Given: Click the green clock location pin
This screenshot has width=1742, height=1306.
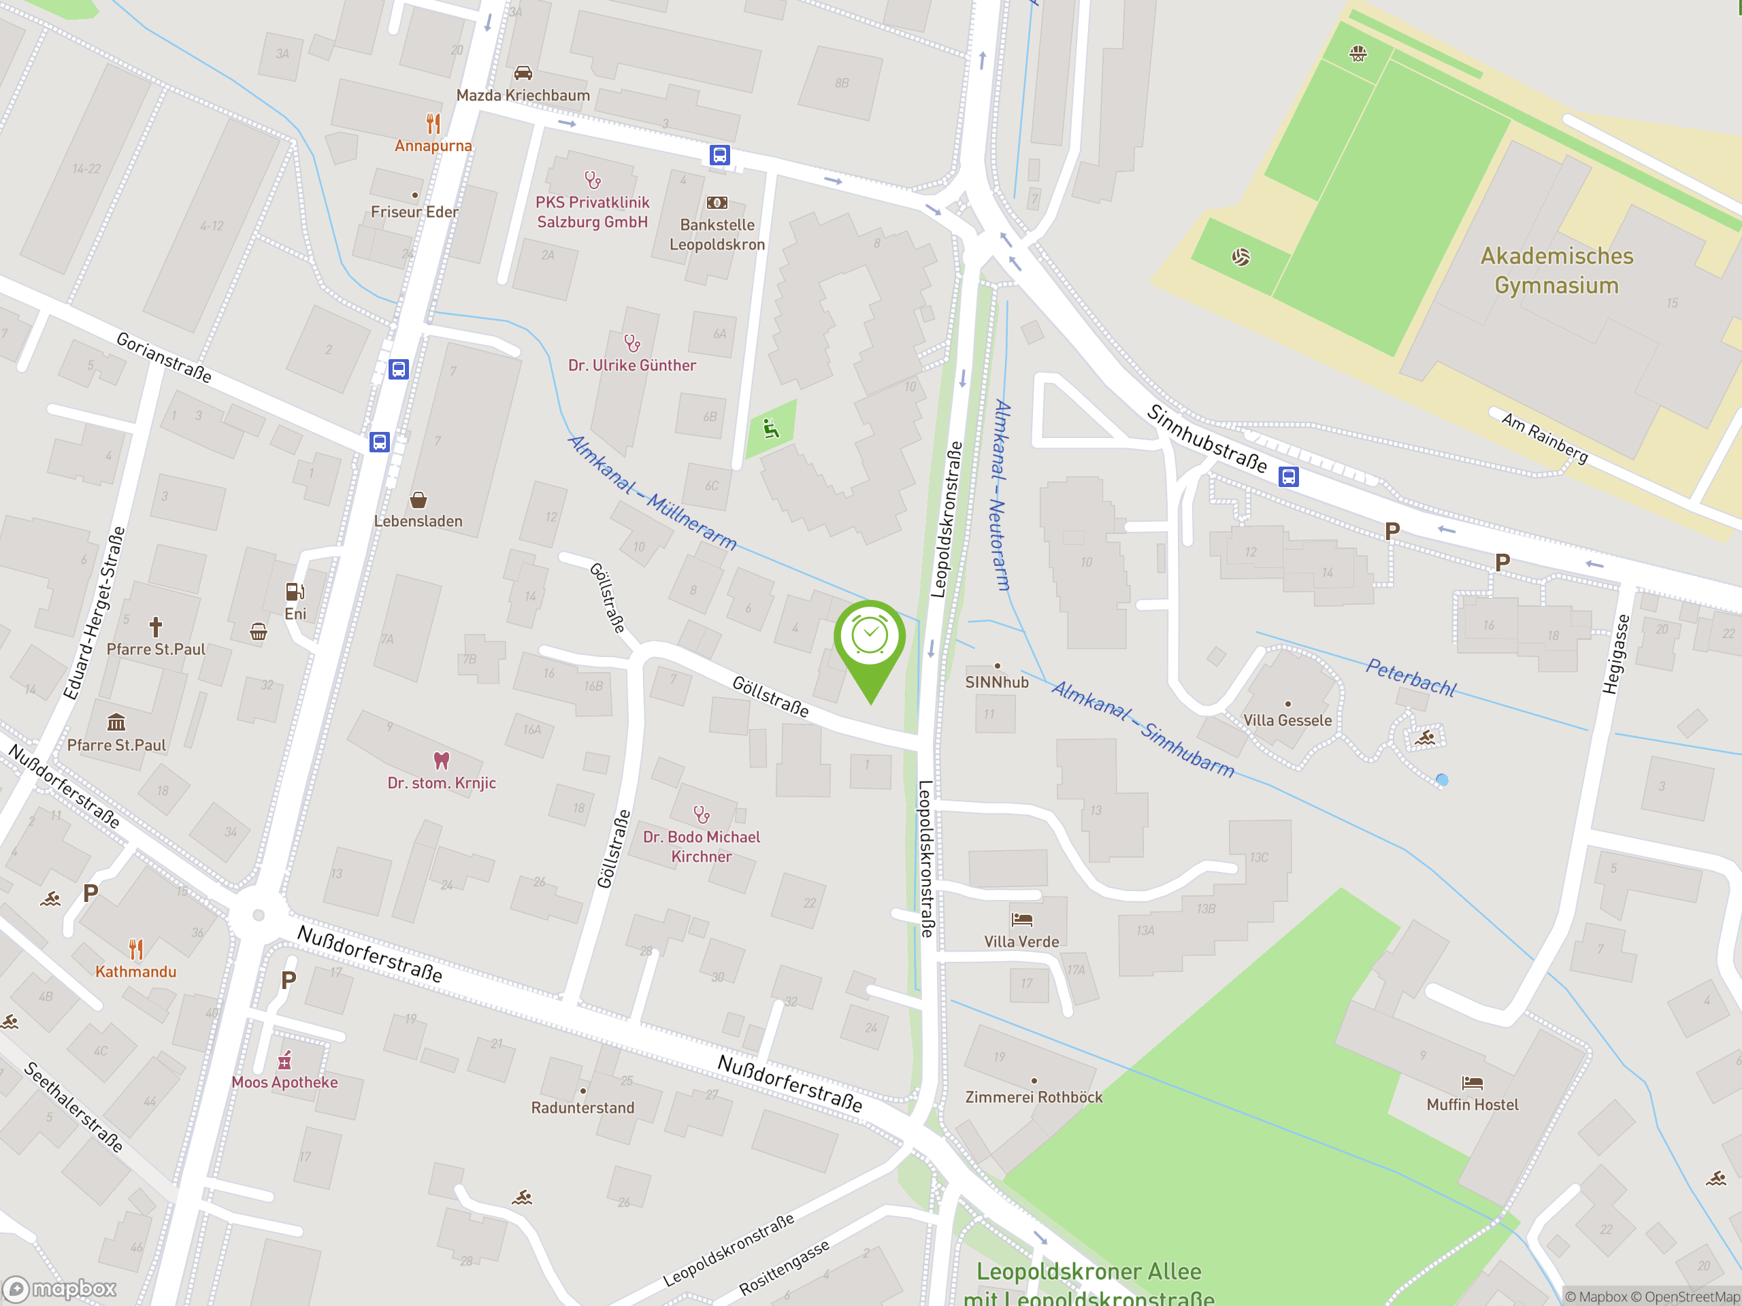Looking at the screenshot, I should [x=870, y=637].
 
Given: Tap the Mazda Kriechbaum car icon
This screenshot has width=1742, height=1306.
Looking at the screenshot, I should [x=523, y=73].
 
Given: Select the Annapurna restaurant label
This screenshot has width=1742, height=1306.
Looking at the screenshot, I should [x=433, y=146].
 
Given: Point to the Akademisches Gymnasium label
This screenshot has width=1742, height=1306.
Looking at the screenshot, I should [x=1556, y=271].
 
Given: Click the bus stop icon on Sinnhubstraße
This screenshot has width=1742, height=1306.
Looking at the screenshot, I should [x=1288, y=477].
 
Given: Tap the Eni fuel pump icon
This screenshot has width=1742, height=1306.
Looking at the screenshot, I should [x=295, y=591].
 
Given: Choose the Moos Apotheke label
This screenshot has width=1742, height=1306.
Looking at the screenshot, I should [x=284, y=1082].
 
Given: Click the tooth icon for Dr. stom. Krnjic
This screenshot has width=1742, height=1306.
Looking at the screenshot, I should [x=441, y=760].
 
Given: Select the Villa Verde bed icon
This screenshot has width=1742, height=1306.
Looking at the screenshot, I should [x=1021, y=919].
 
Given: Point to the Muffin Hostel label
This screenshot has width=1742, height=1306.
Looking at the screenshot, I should [x=1472, y=1105].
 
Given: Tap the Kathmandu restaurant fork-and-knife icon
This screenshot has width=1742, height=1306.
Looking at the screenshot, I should [x=136, y=950].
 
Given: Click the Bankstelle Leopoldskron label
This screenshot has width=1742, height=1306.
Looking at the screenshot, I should [x=717, y=235].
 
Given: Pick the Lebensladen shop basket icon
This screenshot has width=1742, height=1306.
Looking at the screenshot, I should [x=418, y=500].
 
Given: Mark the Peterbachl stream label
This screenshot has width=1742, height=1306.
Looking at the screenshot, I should [x=1411, y=677].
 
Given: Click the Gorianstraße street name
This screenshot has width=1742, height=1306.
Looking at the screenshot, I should [x=164, y=357].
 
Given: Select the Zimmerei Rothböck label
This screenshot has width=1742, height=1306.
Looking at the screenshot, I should [x=1033, y=1096].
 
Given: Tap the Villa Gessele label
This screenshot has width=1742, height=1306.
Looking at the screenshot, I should [x=1287, y=720].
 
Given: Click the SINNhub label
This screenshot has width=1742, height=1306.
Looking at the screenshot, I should [x=996, y=682].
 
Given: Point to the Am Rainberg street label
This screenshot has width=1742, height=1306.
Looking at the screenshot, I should [x=1543, y=437].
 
